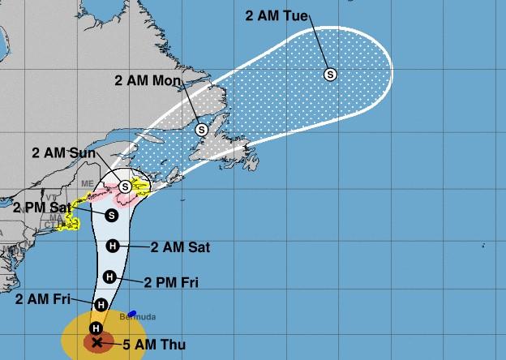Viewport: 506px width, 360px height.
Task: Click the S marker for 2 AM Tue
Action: (x=330, y=75)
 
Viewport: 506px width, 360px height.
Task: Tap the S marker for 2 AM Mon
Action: (x=201, y=129)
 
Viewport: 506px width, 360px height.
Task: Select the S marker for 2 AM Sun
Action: (x=125, y=186)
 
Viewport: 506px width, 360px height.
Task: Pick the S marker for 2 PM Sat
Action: (x=112, y=215)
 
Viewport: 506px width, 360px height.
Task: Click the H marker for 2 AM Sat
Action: (x=113, y=246)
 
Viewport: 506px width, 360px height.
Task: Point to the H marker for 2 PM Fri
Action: (x=109, y=278)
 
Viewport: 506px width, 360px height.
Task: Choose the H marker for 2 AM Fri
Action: (x=101, y=305)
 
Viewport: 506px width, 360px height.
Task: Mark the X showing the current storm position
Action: (x=97, y=343)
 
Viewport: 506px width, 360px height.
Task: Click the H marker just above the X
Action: (x=96, y=328)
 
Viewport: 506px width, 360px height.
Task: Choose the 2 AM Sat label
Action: (x=179, y=246)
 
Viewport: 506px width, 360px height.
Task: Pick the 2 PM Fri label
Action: (x=170, y=282)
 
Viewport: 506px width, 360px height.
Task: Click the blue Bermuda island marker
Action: (x=131, y=311)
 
